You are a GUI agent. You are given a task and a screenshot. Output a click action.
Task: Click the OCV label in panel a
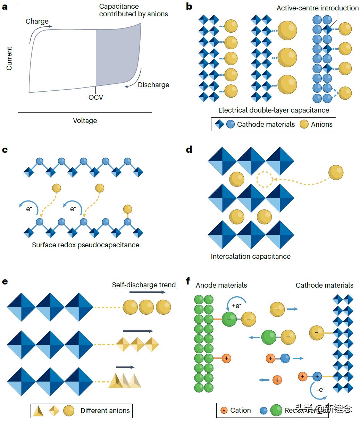(95, 97)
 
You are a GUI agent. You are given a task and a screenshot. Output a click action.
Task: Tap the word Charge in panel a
(37, 21)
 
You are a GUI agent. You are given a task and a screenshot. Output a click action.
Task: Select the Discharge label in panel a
(153, 85)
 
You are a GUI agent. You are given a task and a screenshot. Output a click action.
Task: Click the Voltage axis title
(85, 121)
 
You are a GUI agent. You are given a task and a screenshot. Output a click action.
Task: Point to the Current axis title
(9, 58)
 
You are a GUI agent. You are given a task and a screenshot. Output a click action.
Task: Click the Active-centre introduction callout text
(317, 8)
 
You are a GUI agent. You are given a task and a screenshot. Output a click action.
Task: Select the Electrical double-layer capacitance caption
(274, 110)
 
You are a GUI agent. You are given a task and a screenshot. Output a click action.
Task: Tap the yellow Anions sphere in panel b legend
(304, 124)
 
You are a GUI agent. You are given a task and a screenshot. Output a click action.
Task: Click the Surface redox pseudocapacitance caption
(85, 245)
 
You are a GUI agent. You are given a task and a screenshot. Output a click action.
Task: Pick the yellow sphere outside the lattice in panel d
(336, 173)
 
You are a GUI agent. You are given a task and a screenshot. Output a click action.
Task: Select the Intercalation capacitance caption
(250, 257)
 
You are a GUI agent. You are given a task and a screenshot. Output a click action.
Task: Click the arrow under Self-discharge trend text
(147, 292)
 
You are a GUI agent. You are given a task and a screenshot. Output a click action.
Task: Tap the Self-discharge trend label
(144, 285)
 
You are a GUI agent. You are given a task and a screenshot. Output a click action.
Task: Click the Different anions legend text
(105, 411)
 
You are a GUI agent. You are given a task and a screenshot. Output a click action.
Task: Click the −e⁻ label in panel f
(320, 389)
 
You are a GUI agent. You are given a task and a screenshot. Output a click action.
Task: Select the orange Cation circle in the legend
(224, 411)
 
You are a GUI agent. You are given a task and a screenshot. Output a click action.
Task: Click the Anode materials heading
(221, 285)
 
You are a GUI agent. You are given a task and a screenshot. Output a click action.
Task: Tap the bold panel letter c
(5, 150)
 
